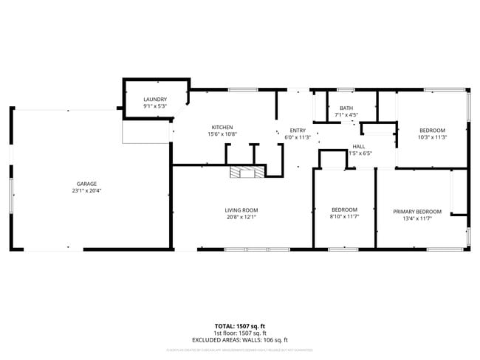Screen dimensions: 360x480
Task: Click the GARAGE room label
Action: point(87,184)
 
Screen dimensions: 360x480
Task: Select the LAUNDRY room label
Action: point(155,100)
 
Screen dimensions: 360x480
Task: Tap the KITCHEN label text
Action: point(222,127)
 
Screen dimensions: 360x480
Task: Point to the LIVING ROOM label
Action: point(241,210)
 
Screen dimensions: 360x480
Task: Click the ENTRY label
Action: point(298,130)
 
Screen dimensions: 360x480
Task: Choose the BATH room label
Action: point(346,108)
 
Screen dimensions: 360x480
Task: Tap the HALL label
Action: point(359,146)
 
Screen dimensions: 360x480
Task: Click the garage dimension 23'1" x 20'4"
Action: point(87,191)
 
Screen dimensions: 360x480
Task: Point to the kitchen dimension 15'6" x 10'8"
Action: point(222,134)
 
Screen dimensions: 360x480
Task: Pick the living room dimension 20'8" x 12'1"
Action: point(241,218)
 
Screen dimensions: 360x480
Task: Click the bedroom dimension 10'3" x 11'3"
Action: point(433,136)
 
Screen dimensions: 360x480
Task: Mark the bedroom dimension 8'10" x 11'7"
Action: point(344,218)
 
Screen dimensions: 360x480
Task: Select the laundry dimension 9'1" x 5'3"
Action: point(155,106)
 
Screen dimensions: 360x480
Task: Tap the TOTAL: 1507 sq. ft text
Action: point(240,325)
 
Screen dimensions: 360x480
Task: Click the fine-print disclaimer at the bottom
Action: point(240,350)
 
